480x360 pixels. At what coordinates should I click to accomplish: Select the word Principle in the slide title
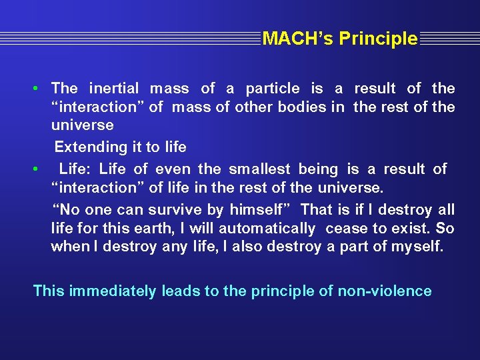point(378,39)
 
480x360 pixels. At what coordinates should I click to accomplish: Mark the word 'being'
point(318,169)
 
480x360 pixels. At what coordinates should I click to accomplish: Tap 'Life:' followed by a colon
point(75,169)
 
